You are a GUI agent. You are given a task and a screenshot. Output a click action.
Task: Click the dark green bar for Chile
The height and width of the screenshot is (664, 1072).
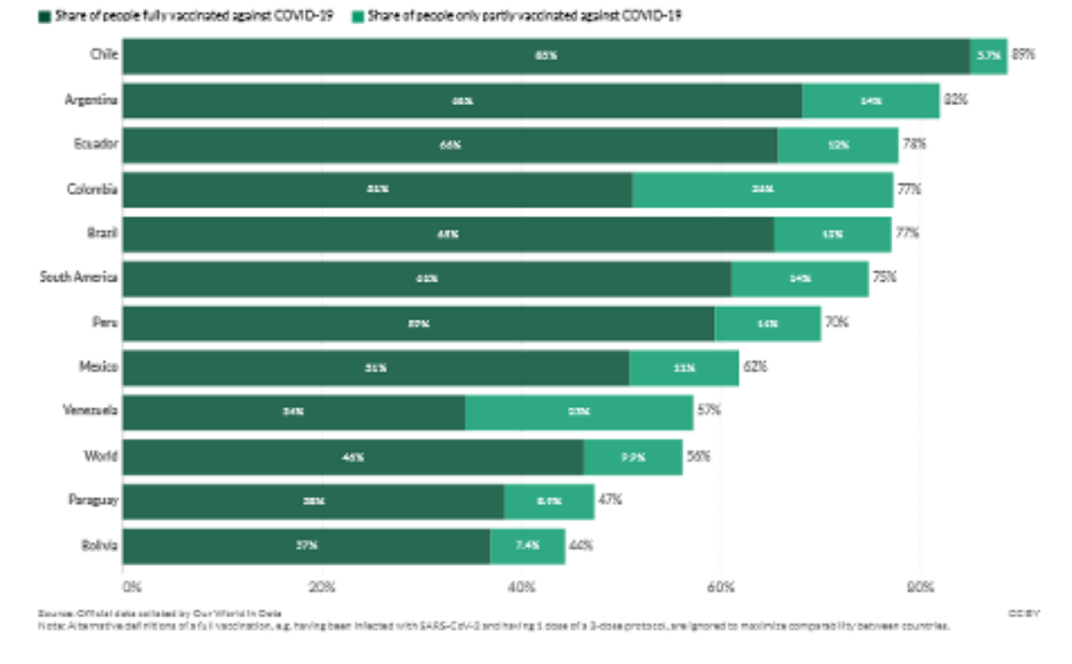pos(545,56)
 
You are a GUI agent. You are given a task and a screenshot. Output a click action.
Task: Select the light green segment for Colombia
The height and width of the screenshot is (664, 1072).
pos(762,190)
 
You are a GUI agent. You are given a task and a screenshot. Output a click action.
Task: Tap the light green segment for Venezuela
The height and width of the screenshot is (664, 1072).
pos(579,412)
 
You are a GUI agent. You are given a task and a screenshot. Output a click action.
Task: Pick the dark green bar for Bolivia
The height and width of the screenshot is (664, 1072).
pos(306,545)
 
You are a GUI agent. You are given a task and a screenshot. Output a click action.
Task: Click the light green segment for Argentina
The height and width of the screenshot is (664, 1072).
pos(870,101)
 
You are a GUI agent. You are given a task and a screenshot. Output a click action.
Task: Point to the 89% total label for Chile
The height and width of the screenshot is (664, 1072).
pos(1023,55)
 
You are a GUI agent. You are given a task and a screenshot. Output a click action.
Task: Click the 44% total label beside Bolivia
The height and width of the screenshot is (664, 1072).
pos(580,545)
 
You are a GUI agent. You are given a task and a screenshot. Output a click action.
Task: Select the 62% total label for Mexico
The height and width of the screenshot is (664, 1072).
pos(755,367)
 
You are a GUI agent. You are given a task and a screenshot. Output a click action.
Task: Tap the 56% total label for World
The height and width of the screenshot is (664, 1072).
pos(698,456)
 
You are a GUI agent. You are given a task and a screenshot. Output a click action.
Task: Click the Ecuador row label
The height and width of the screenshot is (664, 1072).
pos(95,144)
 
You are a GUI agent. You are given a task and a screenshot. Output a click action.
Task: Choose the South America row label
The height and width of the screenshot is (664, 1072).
pos(78,278)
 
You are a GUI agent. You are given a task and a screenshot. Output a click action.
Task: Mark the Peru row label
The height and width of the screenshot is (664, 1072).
pos(104,323)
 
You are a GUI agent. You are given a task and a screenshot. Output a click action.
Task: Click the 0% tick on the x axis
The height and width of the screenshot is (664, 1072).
pos(130,588)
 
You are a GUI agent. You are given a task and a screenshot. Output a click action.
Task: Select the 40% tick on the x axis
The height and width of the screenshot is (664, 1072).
pos(521,588)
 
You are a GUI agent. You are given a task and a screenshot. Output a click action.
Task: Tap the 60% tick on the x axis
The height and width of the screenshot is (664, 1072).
pos(721,588)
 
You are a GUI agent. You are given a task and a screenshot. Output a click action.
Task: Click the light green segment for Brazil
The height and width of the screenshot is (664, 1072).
pos(832,234)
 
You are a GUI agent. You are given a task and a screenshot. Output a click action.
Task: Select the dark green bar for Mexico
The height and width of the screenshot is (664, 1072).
pos(376,367)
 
